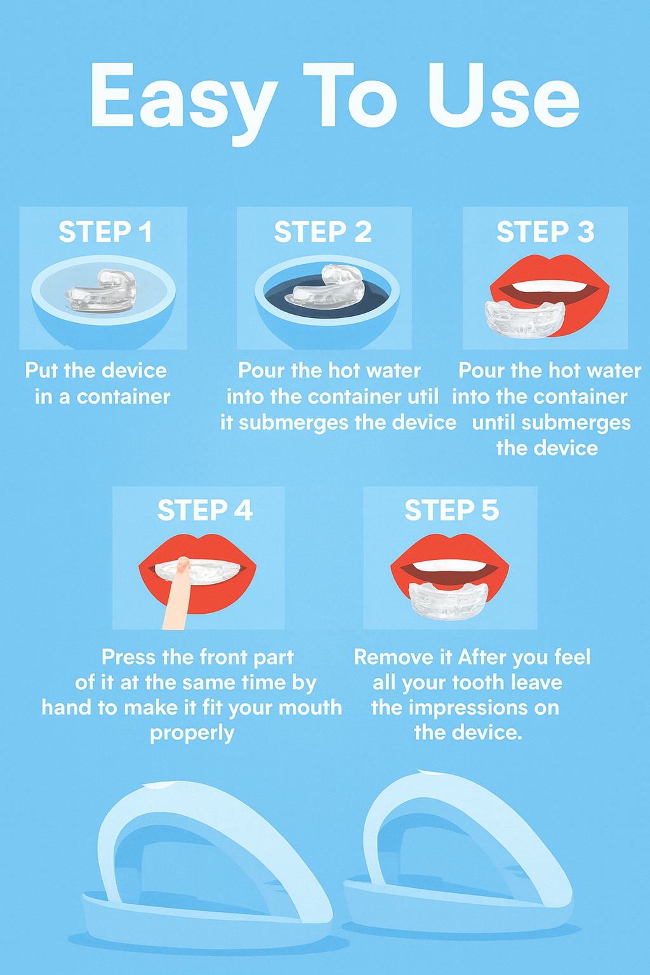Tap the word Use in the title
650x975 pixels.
click(503, 96)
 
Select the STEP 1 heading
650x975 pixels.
click(105, 232)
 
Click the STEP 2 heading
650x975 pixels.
click(322, 232)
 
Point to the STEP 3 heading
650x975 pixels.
click(545, 232)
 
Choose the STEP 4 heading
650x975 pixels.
click(204, 510)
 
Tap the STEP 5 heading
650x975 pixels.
click(451, 510)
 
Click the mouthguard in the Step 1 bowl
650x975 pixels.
click(102, 291)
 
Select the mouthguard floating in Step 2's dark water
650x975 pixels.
click(326, 288)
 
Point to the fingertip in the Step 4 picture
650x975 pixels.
click(183, 565)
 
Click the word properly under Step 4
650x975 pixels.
click(192, 733)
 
